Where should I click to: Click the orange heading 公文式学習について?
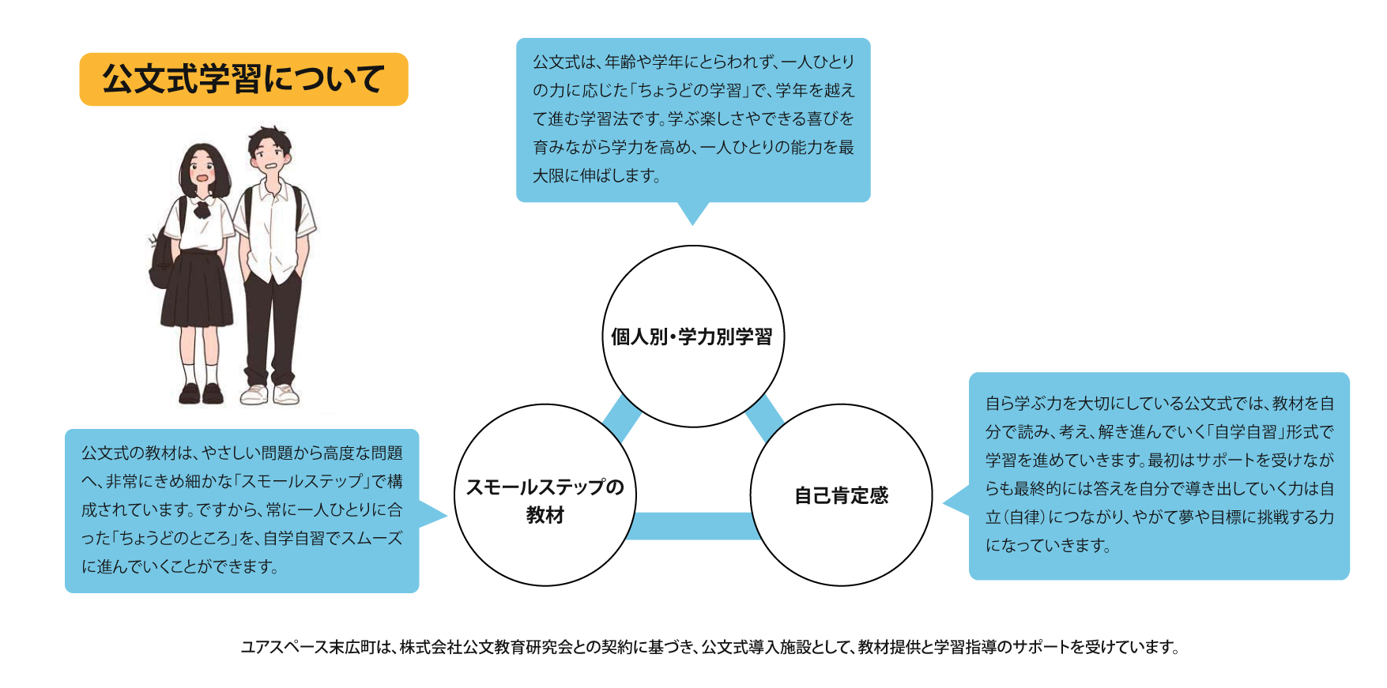(x=243, y=79)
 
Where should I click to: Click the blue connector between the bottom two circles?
(x=692, y=526)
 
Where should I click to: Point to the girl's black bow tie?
(x=202, y=209)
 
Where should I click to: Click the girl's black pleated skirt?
(x=198, y=288)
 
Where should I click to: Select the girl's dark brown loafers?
(x=201, y=393)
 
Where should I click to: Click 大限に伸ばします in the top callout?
(x=596, y=175)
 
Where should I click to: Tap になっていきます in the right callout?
(x=1046, y=546)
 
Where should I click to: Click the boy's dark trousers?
(x=272, y=324)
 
